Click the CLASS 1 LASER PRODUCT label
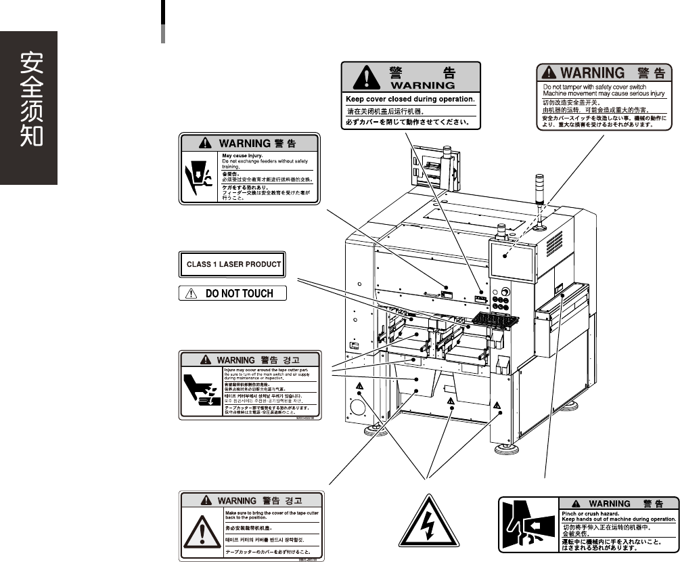pos(233,264)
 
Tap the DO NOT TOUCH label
pos(233,294)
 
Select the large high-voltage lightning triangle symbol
pos(426,521)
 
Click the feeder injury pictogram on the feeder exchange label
pos(199,177)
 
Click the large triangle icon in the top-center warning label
pos(366,78)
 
